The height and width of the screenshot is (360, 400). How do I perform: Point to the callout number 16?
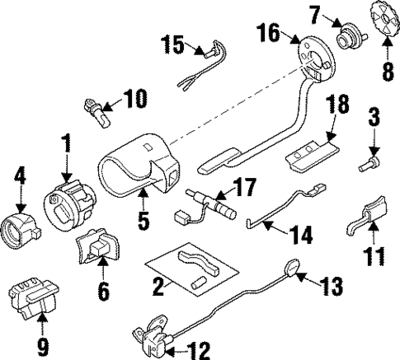[268, 34]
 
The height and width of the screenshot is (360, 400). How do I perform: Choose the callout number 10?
[134, 101]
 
